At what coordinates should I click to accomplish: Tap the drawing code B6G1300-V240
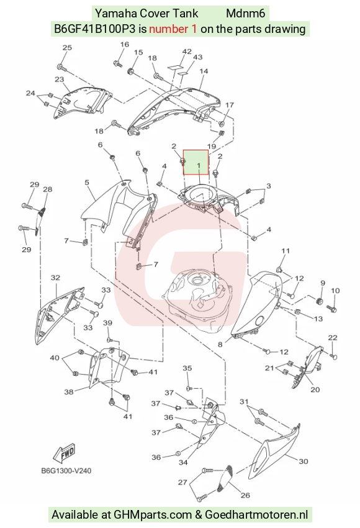point(66,471)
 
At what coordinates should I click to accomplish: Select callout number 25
point(67,47)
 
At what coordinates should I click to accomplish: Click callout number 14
point(204,71)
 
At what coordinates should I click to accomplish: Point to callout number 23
point(59,80)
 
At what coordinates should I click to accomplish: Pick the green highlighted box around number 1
point(196,162)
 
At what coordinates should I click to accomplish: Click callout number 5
point(87,183)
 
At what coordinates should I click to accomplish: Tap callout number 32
point(55,278)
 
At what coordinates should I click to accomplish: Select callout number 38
point(69,392)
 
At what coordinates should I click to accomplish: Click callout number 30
point(304,462)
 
